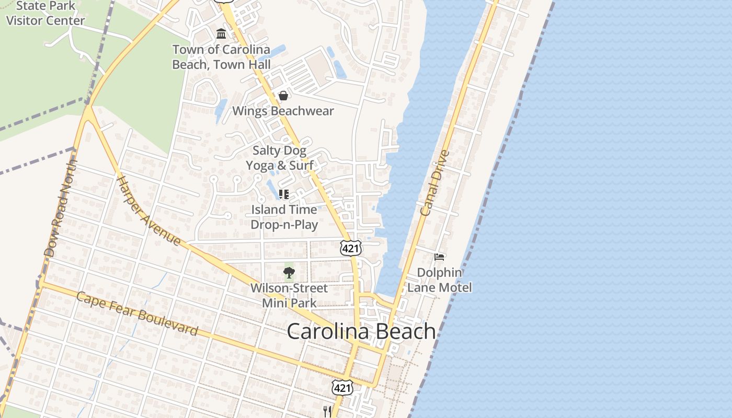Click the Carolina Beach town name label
[361, 331]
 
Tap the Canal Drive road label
[434, 183]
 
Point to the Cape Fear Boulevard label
[137, 313]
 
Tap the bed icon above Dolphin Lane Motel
[439, 257]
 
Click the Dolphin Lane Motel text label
[439, 280]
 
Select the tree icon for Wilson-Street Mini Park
[289, 272]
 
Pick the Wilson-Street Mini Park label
[289, 295]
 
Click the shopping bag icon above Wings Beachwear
[283, 96]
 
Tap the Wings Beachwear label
[283, 111]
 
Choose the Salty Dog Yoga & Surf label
[280, 158]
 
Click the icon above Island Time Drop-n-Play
[284, 194]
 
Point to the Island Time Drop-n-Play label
[284, 217]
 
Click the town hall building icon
[221, 34]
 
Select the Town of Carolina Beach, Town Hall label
[222, 57]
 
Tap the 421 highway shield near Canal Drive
[350, 248]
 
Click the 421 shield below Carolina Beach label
[342, 388]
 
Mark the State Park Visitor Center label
[45, 14]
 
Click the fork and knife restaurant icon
[327, 411]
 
